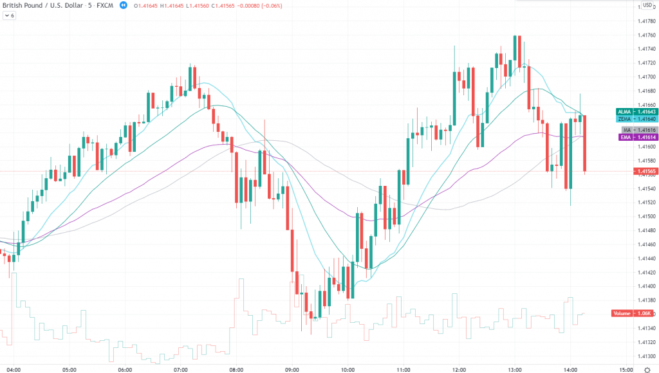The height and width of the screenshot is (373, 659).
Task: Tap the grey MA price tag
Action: [x=636, y=131]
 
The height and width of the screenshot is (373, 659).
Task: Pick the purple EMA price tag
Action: [x=636, y=138]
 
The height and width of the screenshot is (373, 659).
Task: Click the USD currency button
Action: [x=647, y=5]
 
